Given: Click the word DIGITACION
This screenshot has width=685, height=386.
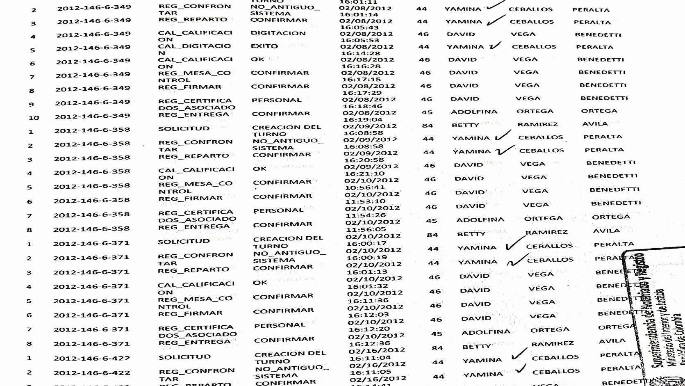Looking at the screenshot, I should coord(278,33).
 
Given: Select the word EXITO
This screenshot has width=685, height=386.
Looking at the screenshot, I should coord(264,46).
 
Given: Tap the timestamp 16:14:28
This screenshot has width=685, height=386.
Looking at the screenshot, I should coord(360,53).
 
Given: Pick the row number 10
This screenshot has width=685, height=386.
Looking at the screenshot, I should coord(34,118).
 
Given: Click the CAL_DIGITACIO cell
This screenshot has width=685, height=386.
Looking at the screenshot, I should coord(194,46).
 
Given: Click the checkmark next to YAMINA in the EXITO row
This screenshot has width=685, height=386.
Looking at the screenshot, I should coord(495,46).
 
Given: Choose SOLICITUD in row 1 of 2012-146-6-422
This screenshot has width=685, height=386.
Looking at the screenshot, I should coord(184,357).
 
